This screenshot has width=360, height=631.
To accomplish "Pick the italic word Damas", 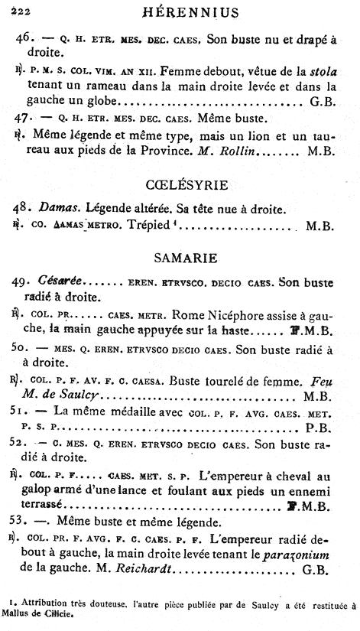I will click(59, 207).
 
